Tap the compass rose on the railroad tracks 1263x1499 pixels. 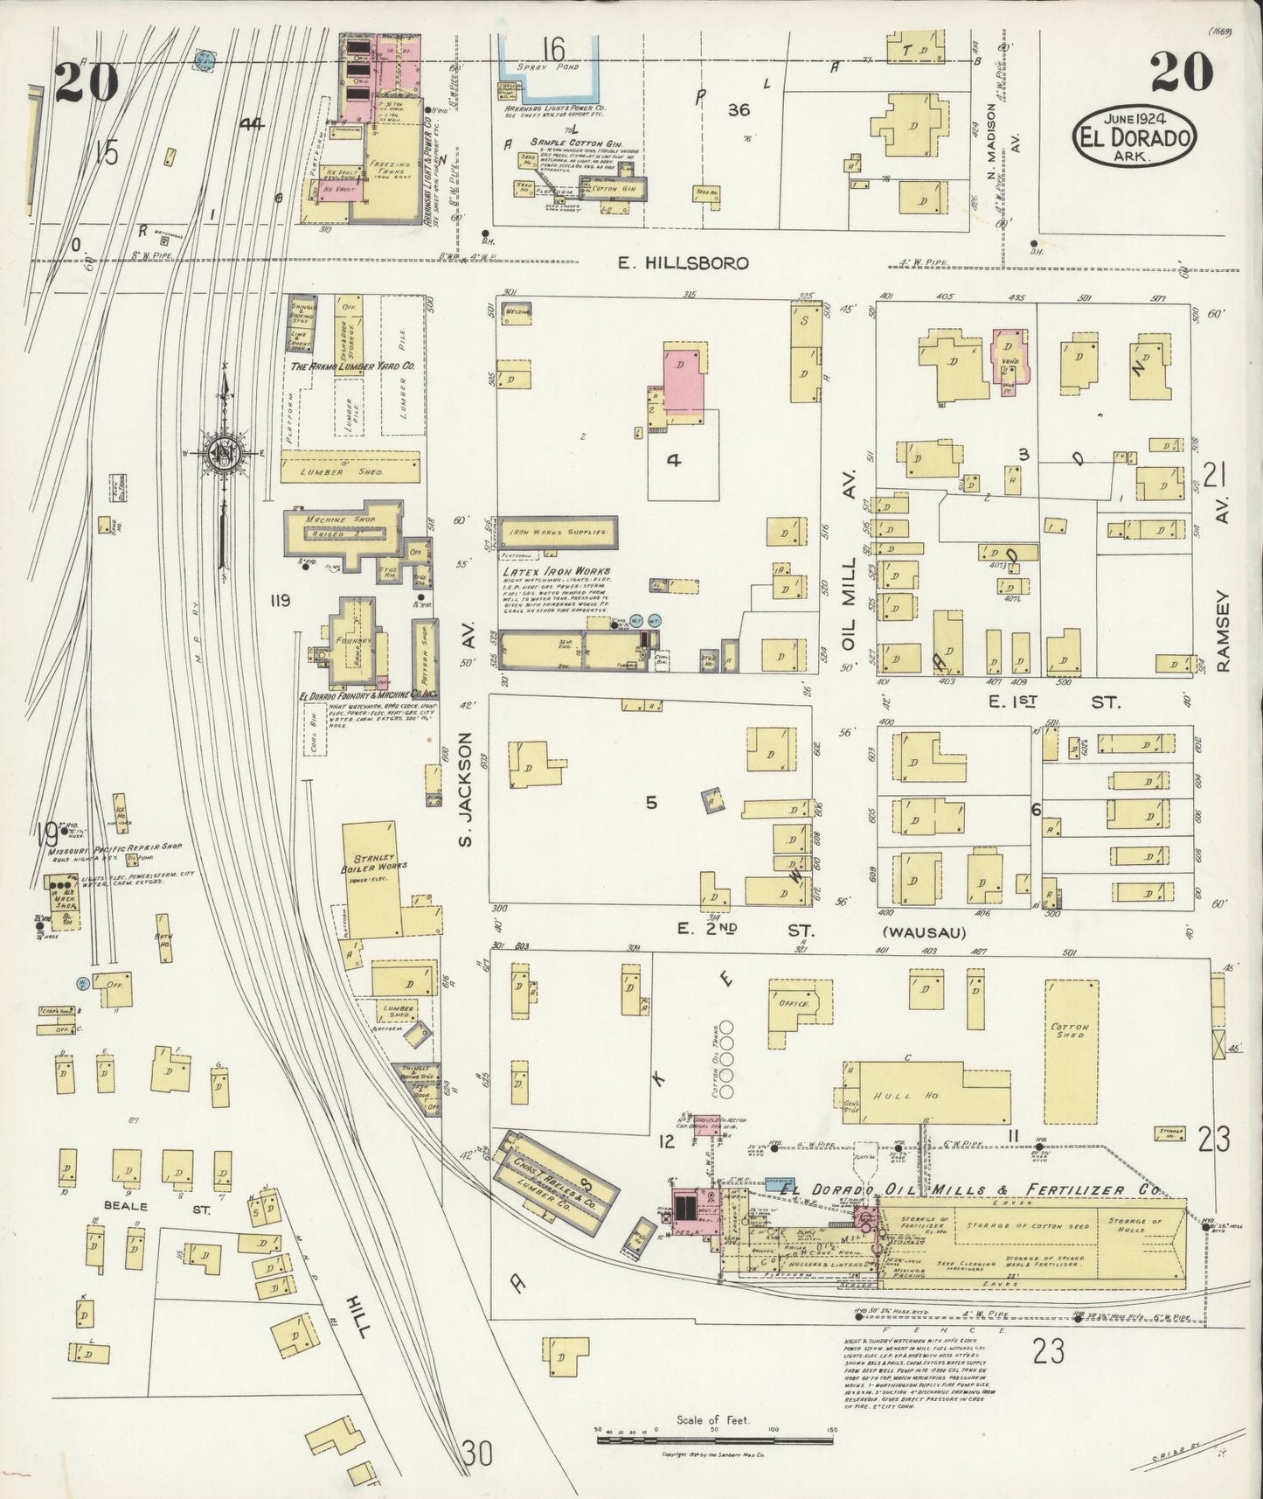click(x=222, y=454)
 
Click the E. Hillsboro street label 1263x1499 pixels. click(x=684, y=262)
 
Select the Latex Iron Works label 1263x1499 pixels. click(x=556, y=572)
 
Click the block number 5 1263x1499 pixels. click(x=651, y=802)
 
